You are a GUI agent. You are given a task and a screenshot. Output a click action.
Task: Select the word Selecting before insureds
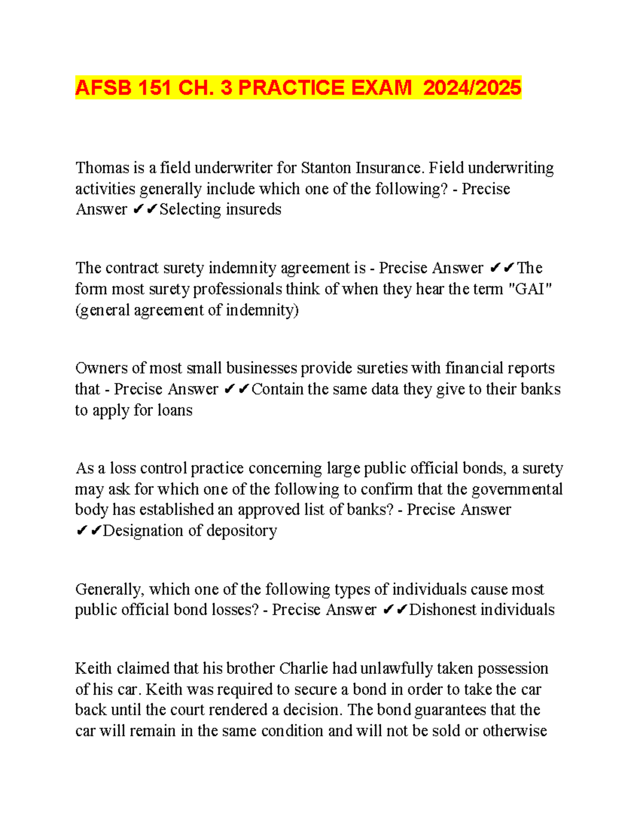tap(190, 210)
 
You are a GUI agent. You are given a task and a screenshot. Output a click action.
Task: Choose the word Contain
tap(277, 389)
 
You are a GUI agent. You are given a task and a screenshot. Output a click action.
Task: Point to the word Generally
tap(109, 589)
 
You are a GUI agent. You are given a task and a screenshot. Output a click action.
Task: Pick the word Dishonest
tap(442, 610)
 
